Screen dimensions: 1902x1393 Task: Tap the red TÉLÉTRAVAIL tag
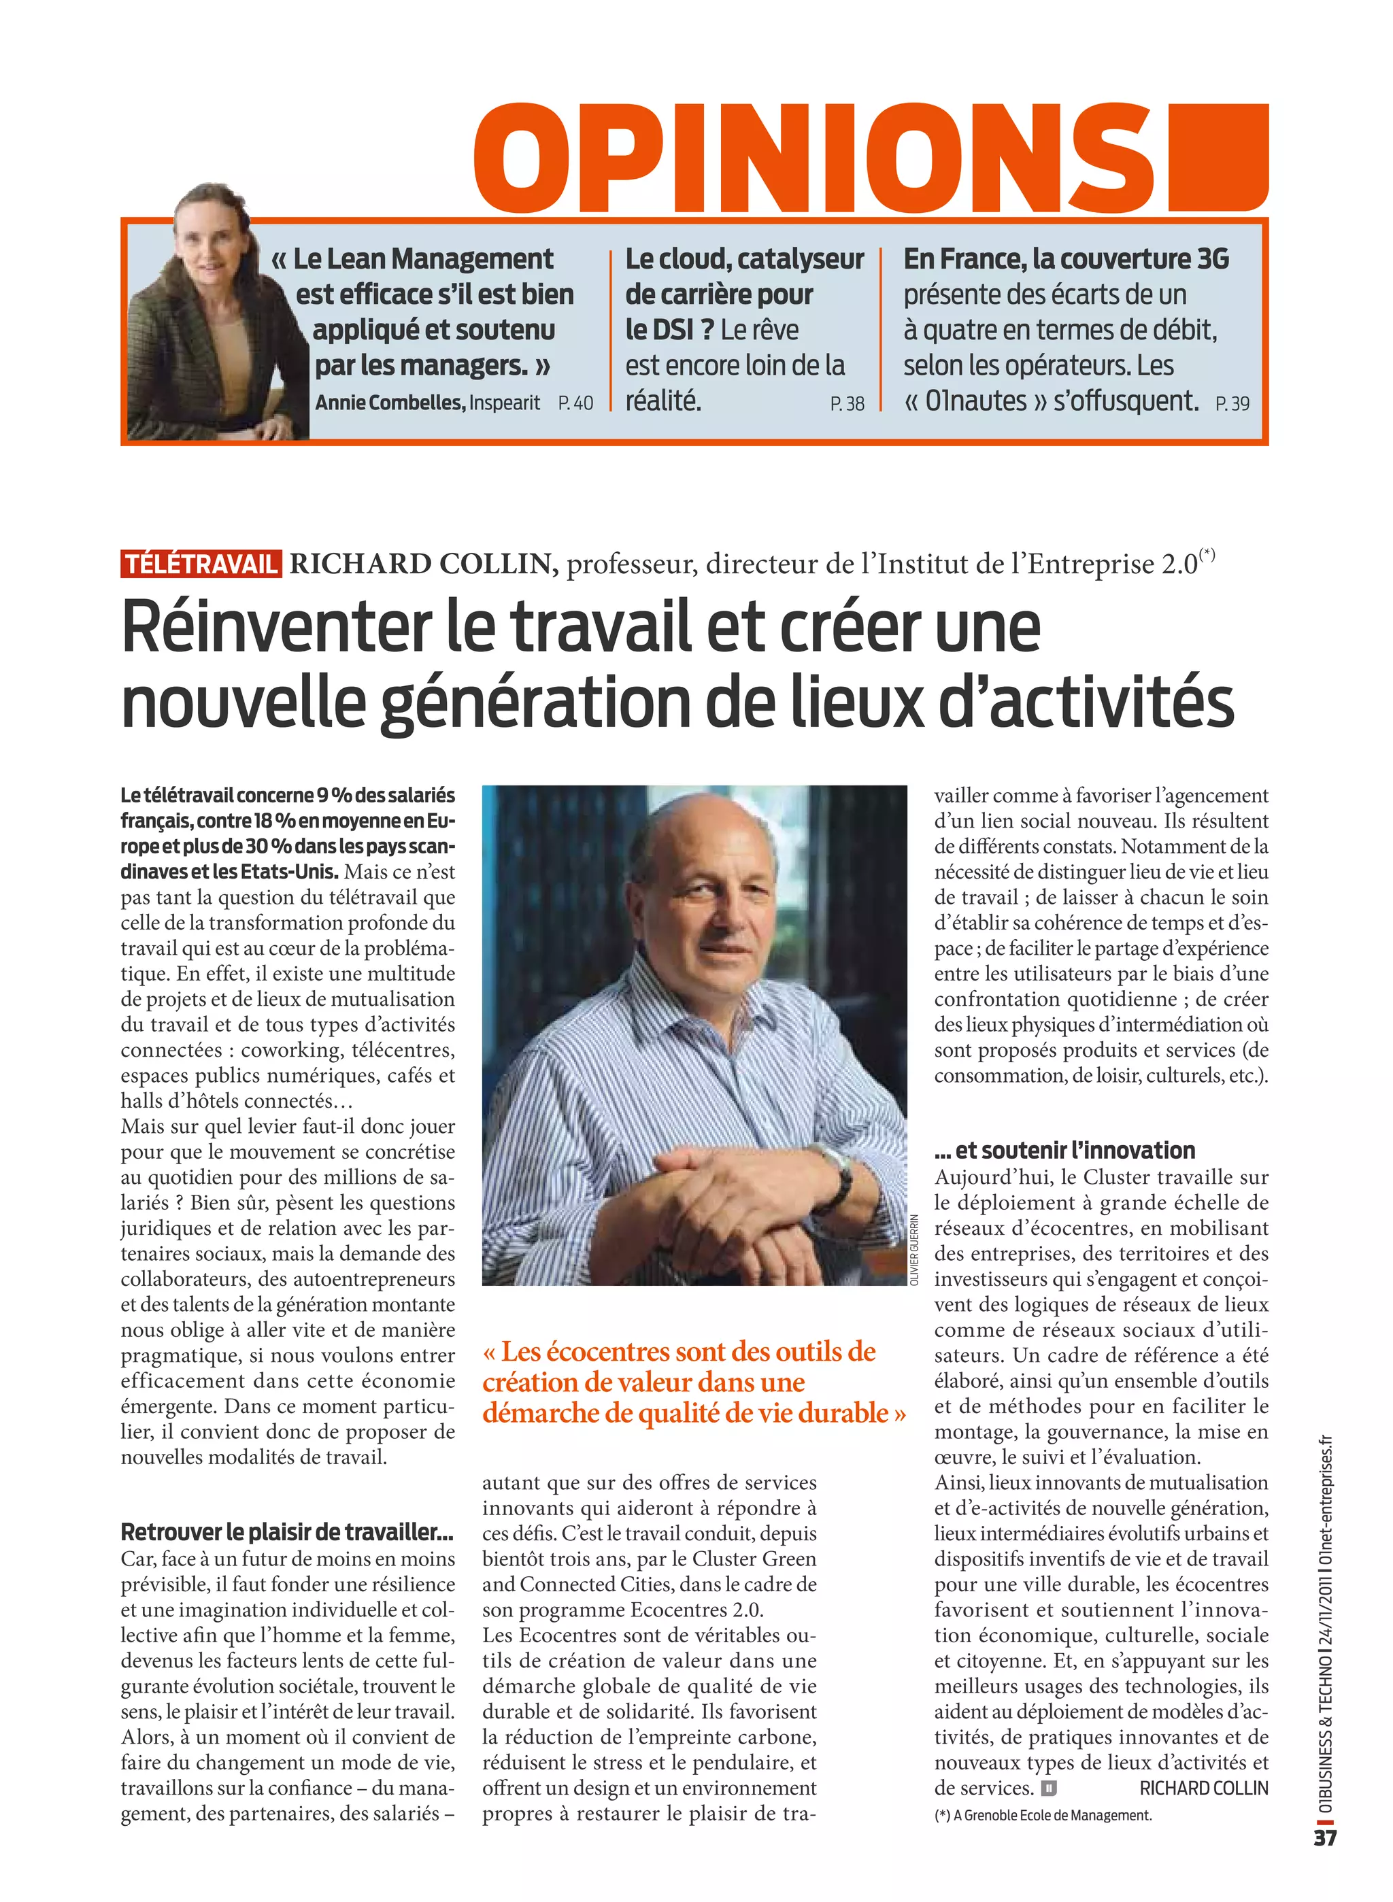[201, 564]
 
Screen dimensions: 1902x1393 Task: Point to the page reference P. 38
[847, 404]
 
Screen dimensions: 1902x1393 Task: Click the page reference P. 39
[1232, 404]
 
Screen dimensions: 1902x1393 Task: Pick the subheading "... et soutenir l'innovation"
[1064, 1150]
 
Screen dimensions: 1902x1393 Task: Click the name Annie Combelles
[390, 403]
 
